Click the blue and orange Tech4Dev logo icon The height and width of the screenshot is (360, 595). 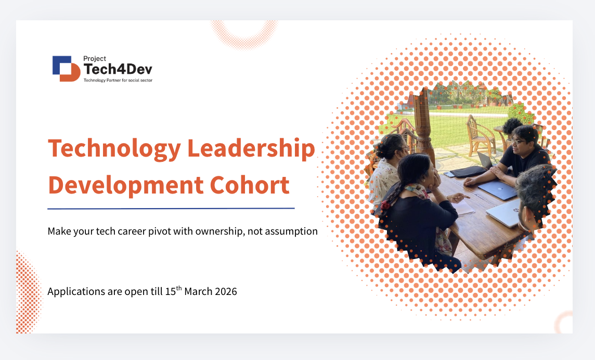[x=67, y=69]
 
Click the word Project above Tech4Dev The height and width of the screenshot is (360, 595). [x=95, y=58]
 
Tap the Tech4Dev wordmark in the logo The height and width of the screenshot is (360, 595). [x=118, y=69]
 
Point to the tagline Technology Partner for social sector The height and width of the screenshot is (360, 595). [x=118, y=80]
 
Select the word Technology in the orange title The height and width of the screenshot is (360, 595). [x=114, y=148]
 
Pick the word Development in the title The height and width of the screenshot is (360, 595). [x=126, y=185]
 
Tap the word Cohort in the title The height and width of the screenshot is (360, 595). [x=250, y=185]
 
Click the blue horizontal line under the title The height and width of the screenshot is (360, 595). [x=171, y=209]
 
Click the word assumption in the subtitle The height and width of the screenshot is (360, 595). [x=291, y=232]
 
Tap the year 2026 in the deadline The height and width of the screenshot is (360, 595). [x=226, y=292]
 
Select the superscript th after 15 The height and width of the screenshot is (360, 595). [x=179, y=288]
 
